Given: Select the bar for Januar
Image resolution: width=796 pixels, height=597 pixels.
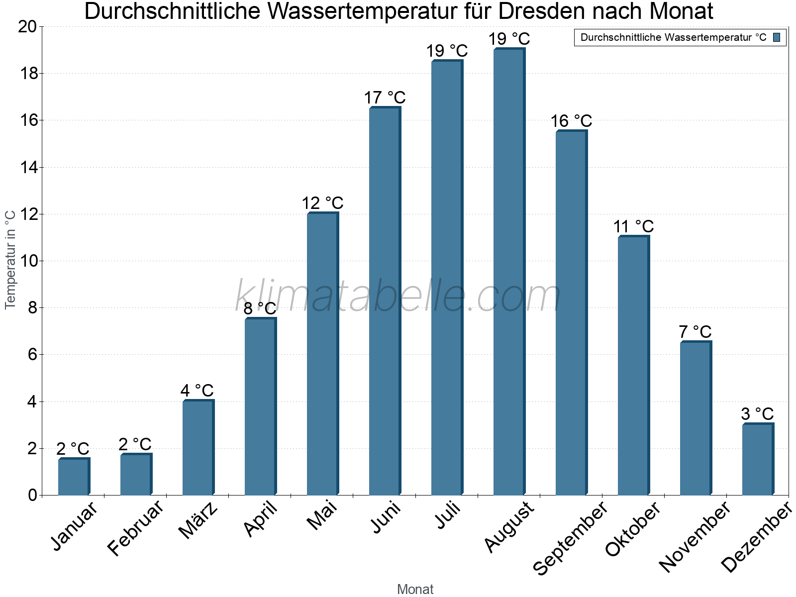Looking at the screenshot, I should click(x=74, y=477).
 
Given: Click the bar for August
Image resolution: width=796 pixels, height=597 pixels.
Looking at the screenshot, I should click(x=509, y=272).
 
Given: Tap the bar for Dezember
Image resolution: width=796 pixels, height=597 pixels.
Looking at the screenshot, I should click(x=758, y=459).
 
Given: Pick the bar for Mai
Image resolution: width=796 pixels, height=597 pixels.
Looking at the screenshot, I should click(x=322, y=354).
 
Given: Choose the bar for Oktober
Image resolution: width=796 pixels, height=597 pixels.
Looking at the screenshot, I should click(x=633, y=366).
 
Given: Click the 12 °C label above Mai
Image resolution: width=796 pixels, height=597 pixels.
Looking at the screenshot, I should click(x=322, y=203).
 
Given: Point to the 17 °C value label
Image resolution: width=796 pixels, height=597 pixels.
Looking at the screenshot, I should click(x=385, y=98).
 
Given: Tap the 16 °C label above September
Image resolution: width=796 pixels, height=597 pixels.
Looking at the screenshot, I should click(x=571, y=121).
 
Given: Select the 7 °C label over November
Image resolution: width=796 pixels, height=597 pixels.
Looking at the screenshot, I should click(x=695, y=332).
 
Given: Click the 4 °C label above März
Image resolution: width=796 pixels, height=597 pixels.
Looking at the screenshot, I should click(x=197, y=391).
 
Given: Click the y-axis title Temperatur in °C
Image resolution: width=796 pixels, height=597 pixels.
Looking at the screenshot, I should click(x=10, y=259).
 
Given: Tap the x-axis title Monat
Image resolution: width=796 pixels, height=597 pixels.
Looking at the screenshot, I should click(x=415, y=589).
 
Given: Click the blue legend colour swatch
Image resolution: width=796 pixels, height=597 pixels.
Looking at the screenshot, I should click(x=777, y=37).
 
